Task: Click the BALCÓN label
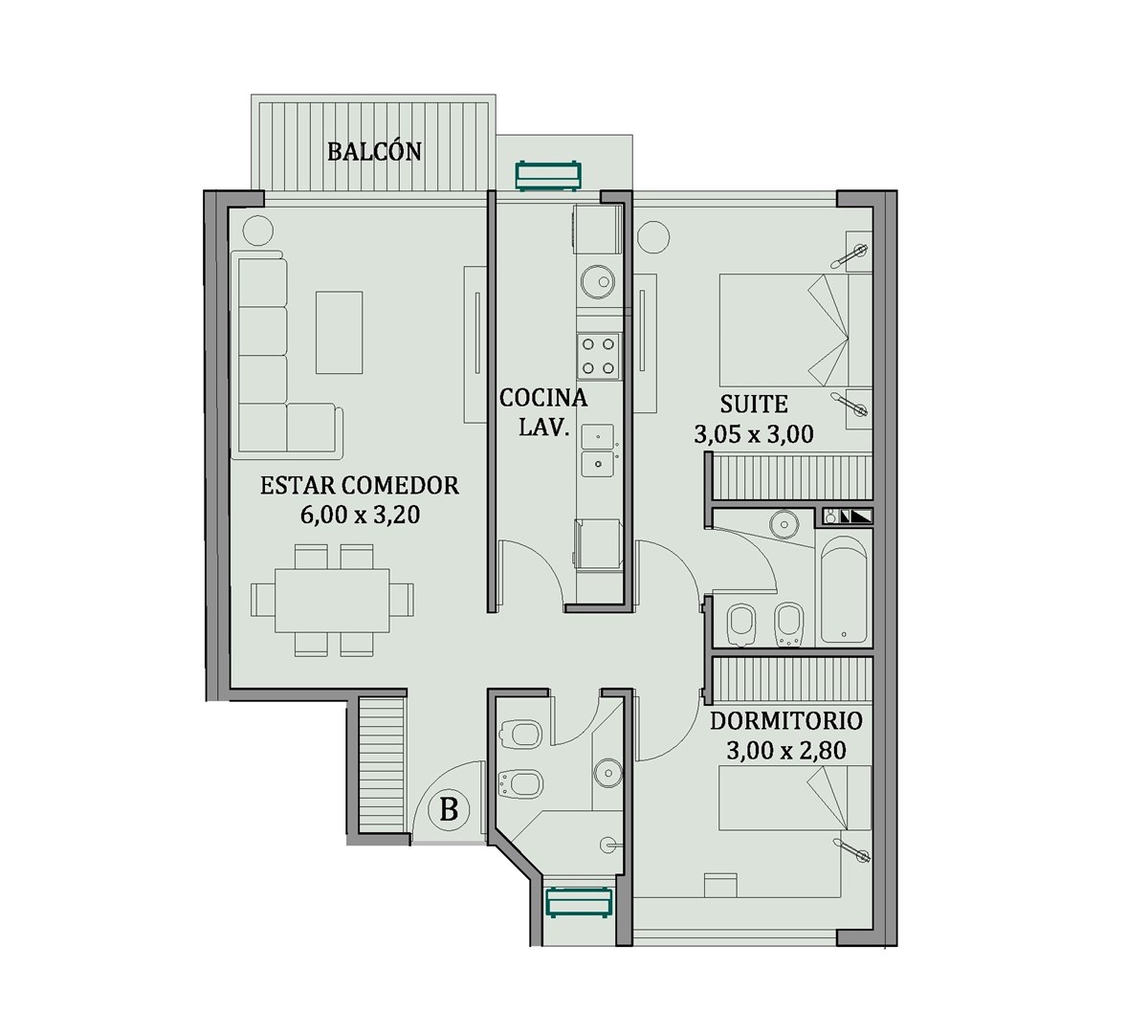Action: [x=374, y=151]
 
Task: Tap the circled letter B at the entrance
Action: [x=449, y=810]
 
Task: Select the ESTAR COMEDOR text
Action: [x=359, y=485]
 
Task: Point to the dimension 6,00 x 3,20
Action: [x=360, y=516]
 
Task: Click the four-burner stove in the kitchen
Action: [x=598, y=356]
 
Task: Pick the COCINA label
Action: [x=543, y=398]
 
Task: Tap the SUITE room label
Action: [x=754, y=405]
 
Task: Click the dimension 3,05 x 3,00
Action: [x=754, y=434]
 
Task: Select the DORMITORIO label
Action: [x=786, y=720]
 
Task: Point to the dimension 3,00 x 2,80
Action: [x=786, y=751]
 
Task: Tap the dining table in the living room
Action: [x=333, y=600]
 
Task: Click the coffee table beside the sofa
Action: [x=339, y=332]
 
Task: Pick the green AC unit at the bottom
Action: [x=580, y=903]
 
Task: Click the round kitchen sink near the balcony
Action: [x=598, y=281]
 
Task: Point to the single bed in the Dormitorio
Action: [x=796, y=832]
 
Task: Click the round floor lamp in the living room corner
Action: [x=257, y=231]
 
